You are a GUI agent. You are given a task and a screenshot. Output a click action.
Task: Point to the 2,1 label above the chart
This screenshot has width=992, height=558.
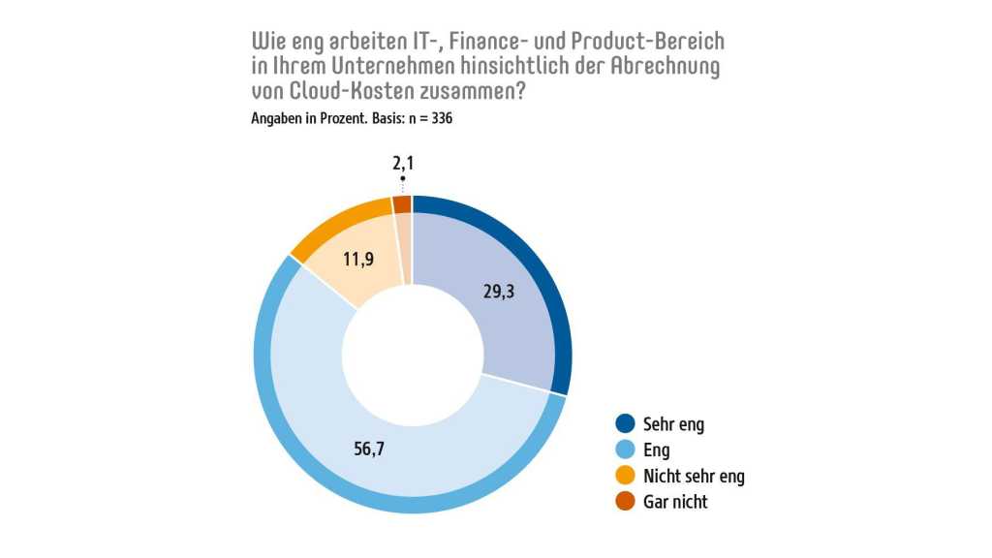[403, 165]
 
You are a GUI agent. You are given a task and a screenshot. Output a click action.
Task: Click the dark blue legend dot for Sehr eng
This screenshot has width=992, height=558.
[625, 424]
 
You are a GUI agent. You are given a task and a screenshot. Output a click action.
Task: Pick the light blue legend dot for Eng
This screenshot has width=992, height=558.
[625, 450]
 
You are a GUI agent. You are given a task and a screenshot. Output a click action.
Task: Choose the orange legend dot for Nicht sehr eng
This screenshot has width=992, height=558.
[625, 476]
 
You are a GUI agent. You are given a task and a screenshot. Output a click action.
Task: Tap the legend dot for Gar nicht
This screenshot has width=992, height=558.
[625, 502]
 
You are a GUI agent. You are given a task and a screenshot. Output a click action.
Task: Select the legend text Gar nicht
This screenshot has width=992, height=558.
[675, 502]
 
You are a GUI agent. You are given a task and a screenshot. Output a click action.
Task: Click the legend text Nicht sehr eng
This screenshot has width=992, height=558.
[694, 476]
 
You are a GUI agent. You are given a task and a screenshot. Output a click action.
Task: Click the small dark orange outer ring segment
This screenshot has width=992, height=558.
[402, 203]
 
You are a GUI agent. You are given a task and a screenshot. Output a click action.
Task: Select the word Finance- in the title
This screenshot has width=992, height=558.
[454, 44]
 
